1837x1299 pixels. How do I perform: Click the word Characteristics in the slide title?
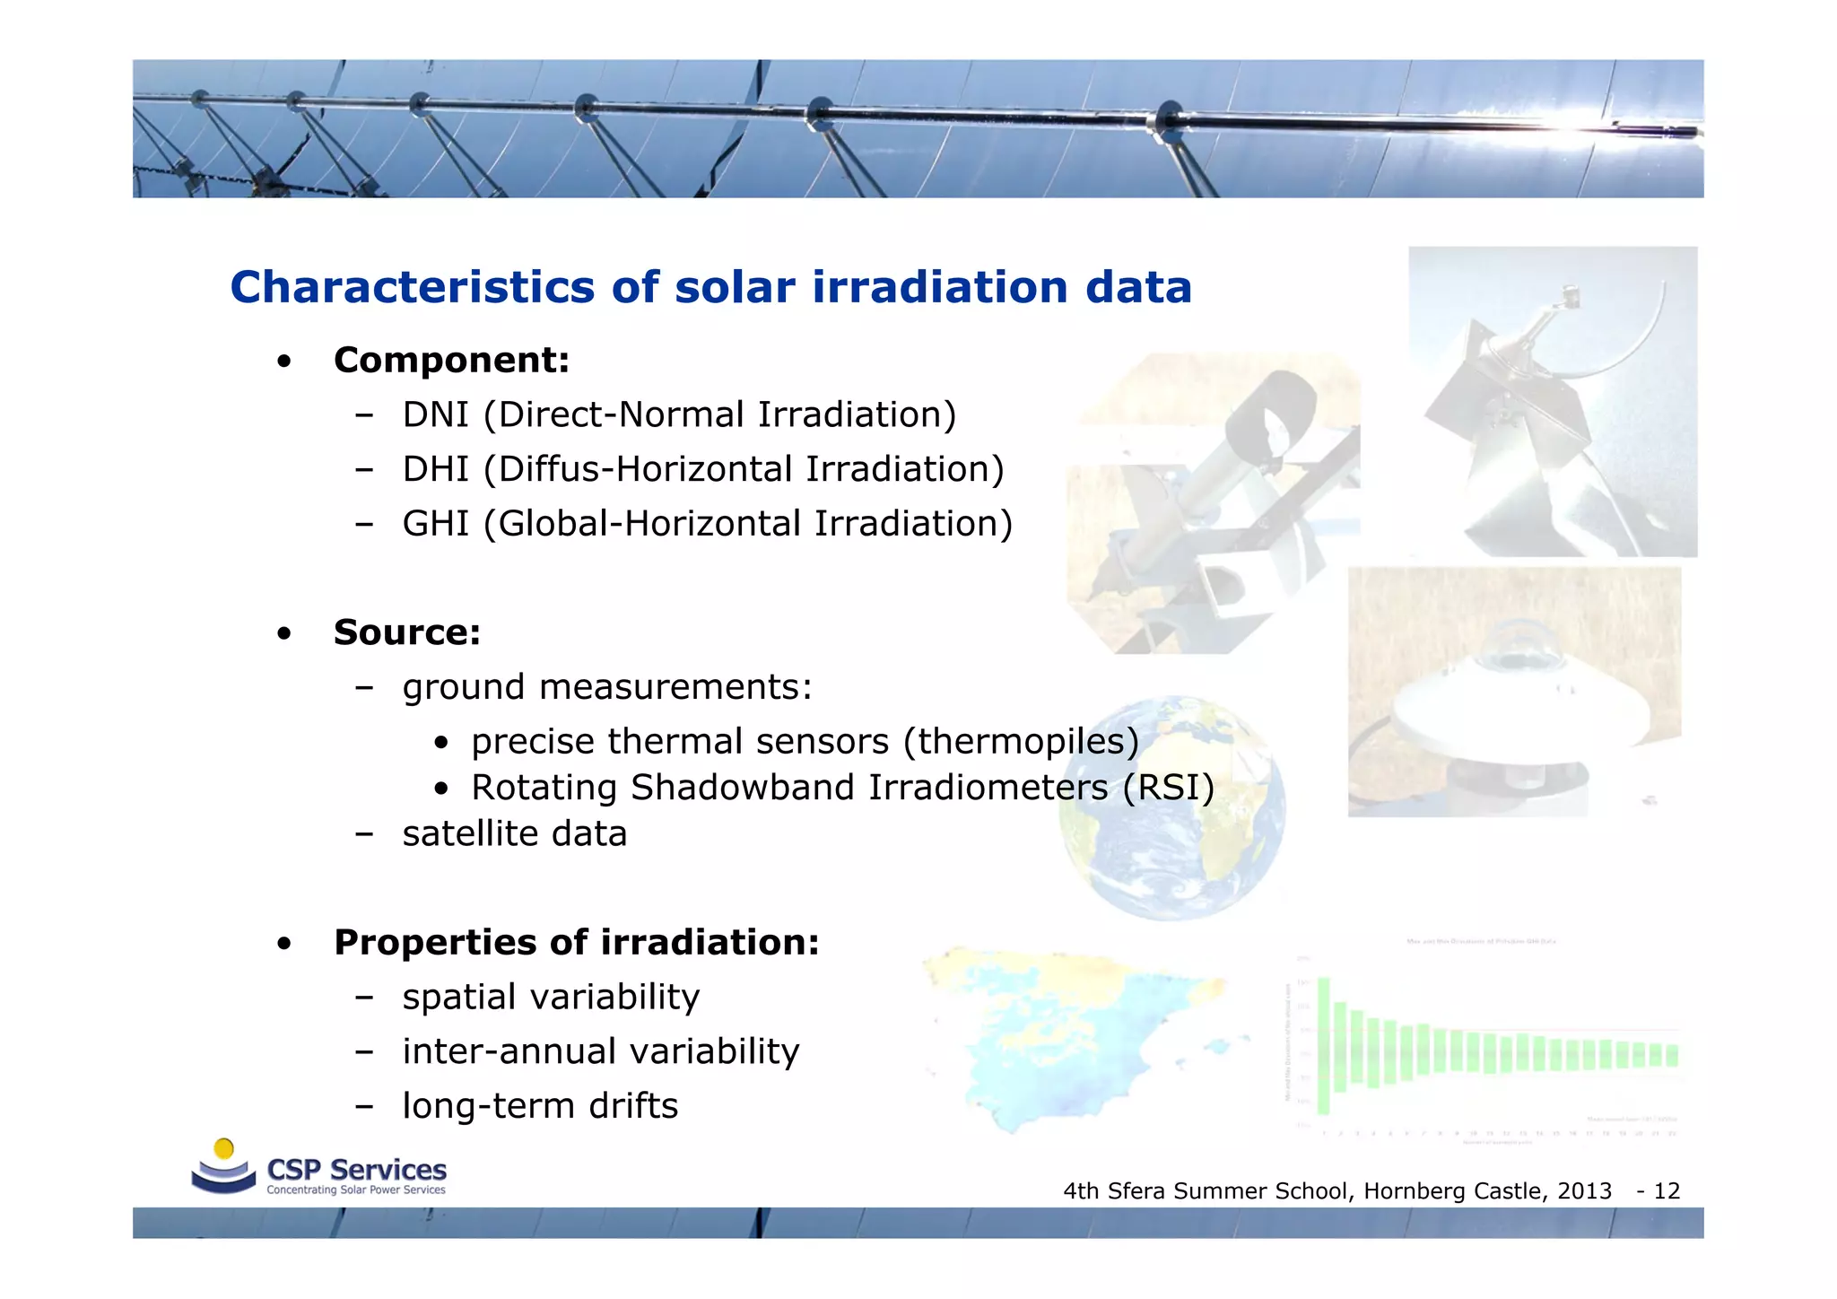click(x=412, y=288)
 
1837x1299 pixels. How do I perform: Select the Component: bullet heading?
click(x=451, y=361)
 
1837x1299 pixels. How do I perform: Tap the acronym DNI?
click(x=435, y=415)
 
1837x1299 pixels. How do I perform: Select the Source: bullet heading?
click(x=406, y=632)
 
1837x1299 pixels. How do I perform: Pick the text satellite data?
click(x=514, y=834)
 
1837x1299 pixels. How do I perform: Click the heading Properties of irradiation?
click(x=576, y=943)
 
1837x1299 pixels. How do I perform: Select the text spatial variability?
click(x=550, y=998)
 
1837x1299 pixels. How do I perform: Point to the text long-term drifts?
click(x=539, y=1106)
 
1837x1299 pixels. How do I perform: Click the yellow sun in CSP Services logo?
click(x=224, y=1149)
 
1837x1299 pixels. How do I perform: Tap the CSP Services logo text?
click(x=356, y=1171)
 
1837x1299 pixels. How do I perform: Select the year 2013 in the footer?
click(x=1584, y=1191)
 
